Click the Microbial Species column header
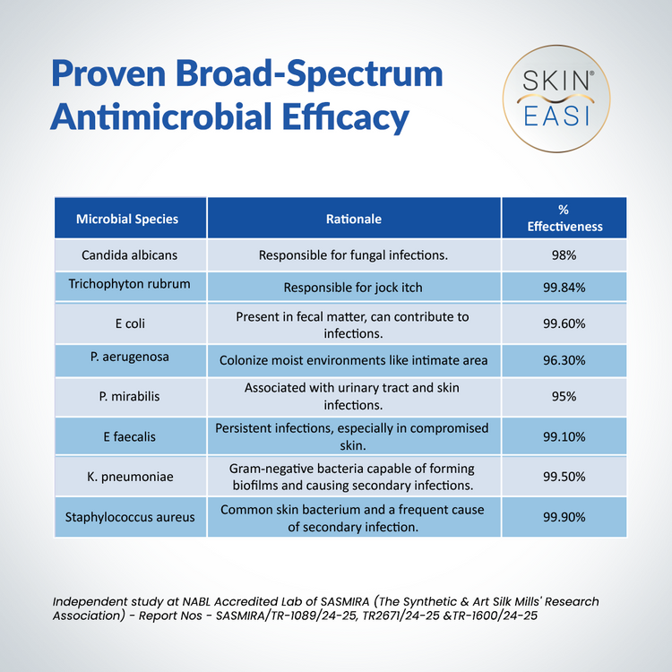[127, 219]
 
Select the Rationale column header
[353, 219]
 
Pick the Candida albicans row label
[129, 255]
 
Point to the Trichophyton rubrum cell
[129, 285]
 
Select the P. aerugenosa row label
[129, 358]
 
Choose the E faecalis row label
[129, 436]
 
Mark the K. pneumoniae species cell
[129, 475]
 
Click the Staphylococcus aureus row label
[129, 517]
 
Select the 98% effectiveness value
[564, 255]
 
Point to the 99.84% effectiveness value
[564, 288]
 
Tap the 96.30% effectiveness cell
[564, 360]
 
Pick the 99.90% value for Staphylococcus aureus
[564, 518]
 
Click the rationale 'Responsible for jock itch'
[353, 288]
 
